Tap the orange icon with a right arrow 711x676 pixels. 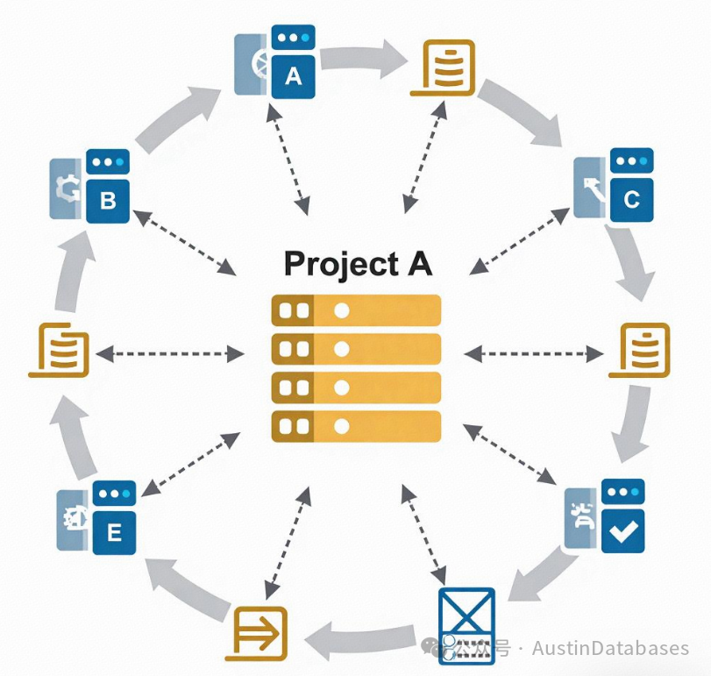260,630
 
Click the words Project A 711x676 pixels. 358,263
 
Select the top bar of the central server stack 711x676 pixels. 356,310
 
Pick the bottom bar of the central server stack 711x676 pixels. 356,426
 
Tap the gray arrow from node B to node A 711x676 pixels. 180,119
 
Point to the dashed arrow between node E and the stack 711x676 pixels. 190,464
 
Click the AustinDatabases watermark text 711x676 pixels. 609,649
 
